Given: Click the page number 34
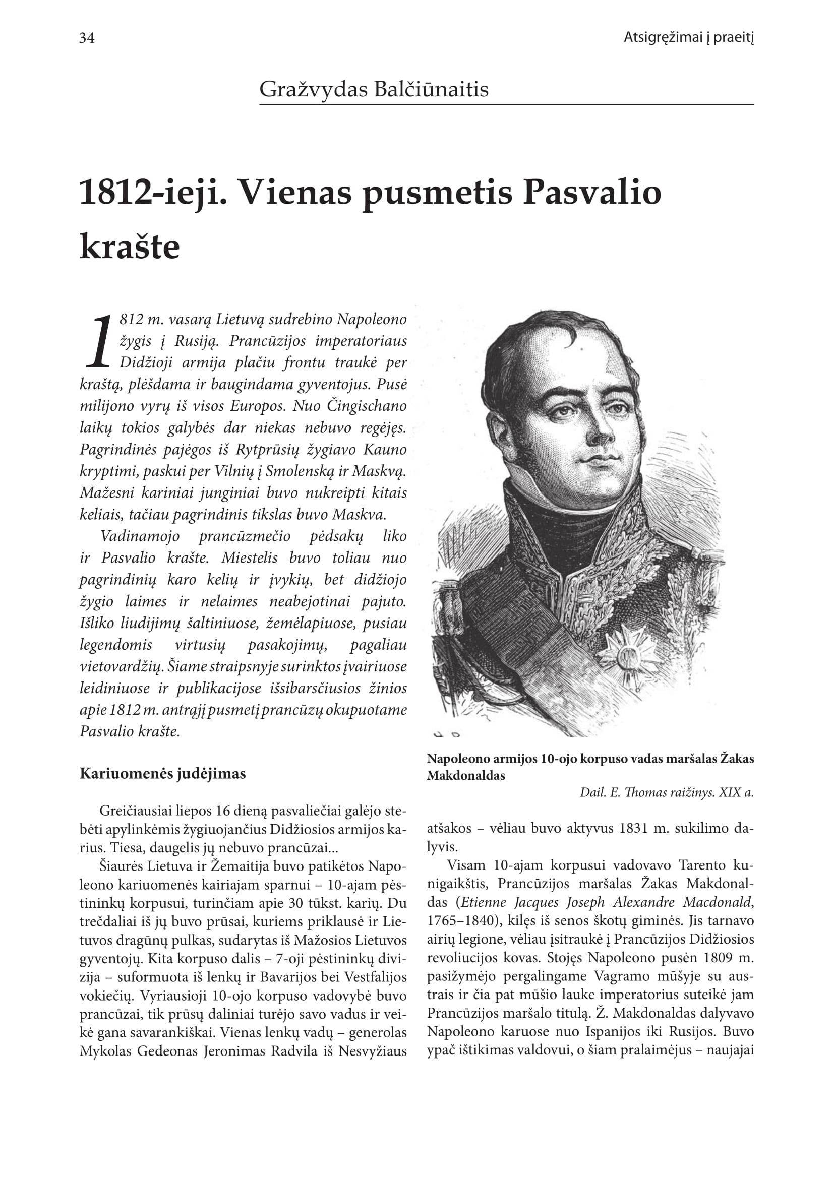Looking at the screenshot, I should pos(87,38).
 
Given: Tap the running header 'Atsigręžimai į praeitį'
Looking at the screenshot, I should pos(688,37).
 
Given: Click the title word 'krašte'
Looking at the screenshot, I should pos(130,247).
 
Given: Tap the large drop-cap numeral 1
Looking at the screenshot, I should pos(99,341).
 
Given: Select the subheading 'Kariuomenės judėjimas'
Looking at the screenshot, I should pos(162,774).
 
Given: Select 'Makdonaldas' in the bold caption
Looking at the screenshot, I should pos(466,776).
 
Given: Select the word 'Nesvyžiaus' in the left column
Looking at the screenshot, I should pos(373,1051).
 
